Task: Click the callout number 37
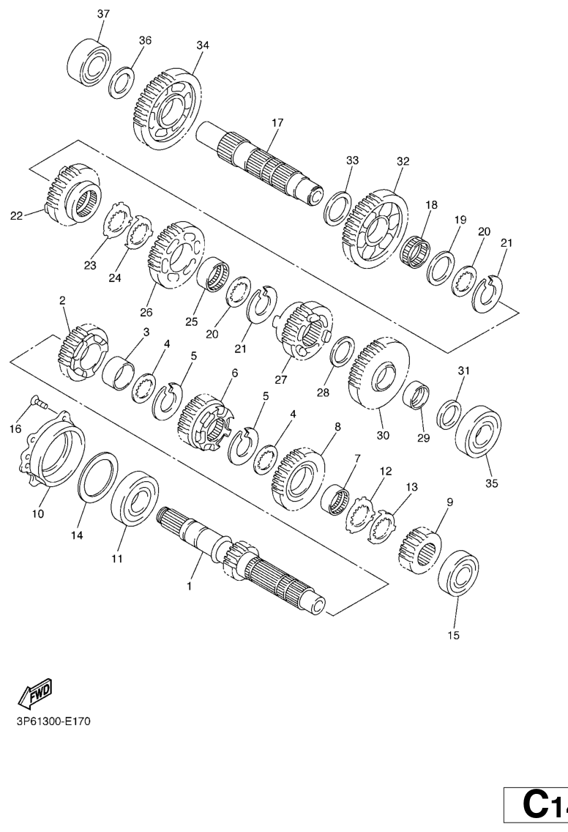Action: coord(103,14)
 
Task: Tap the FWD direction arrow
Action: coord(35,693)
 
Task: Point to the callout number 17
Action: coord(277,122)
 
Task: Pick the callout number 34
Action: coord(203,45)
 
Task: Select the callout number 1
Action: coord(189,587)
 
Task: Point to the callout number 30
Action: coord(383,435)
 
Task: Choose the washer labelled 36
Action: coord(122,82)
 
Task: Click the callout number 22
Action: coord(17,215)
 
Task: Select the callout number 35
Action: coord(492,483)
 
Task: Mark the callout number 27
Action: coord(280,379)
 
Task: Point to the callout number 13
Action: coord(411,486)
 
